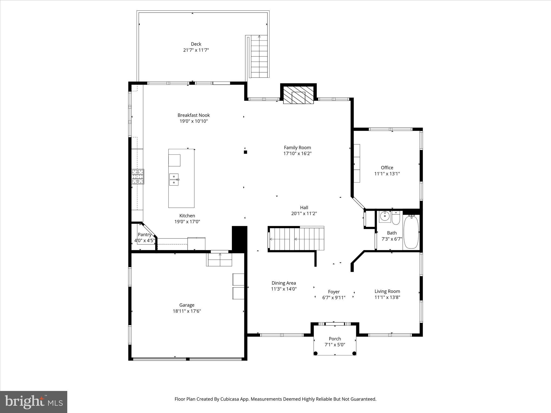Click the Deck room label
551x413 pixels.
tap(196, 44)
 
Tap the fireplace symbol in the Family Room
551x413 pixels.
tap(298, 95)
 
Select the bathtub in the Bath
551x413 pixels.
tap(411, 232)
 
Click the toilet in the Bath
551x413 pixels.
tap(396, 218)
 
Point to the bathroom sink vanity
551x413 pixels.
tap(385, 216)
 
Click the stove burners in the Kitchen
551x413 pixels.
tap(137, 176)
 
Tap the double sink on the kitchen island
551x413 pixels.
tap(174, 180)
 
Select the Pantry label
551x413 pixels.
tap(144, 234)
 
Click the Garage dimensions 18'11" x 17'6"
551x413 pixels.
tap(187, 311)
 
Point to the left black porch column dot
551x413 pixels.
tap(316, 353)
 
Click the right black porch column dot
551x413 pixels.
tap(354, 353)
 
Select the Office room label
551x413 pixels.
tap(387, 168)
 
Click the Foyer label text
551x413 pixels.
tap(334, 292)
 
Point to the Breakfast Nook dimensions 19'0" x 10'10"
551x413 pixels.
tap(193, 121)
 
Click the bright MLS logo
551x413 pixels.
tap(34, 402)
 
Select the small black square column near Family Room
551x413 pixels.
tap(245, 152)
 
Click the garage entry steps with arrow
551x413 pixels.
tap(219, 259)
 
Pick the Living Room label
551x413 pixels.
tap(387, 291)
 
